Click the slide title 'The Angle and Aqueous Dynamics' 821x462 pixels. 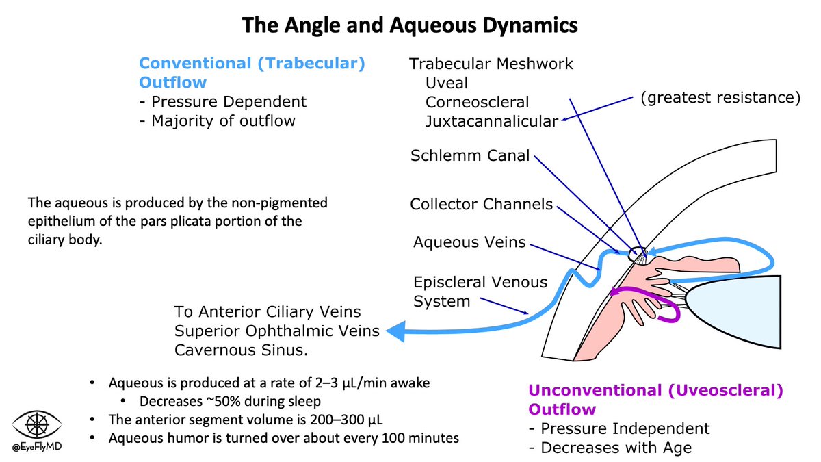point(410,26)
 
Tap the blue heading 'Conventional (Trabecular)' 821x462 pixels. point(252,64)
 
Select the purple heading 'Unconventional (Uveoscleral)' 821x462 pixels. point(655,391)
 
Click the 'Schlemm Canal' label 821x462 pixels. point(470,155)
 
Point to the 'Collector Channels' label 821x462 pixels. point(481,204)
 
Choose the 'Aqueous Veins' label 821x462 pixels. point(470,241)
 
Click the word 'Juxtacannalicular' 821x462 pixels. point(491,121)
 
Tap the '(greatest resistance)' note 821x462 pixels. point(720,97)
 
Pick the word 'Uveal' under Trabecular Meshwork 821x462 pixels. point(447,83)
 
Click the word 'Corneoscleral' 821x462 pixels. point(478,102)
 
